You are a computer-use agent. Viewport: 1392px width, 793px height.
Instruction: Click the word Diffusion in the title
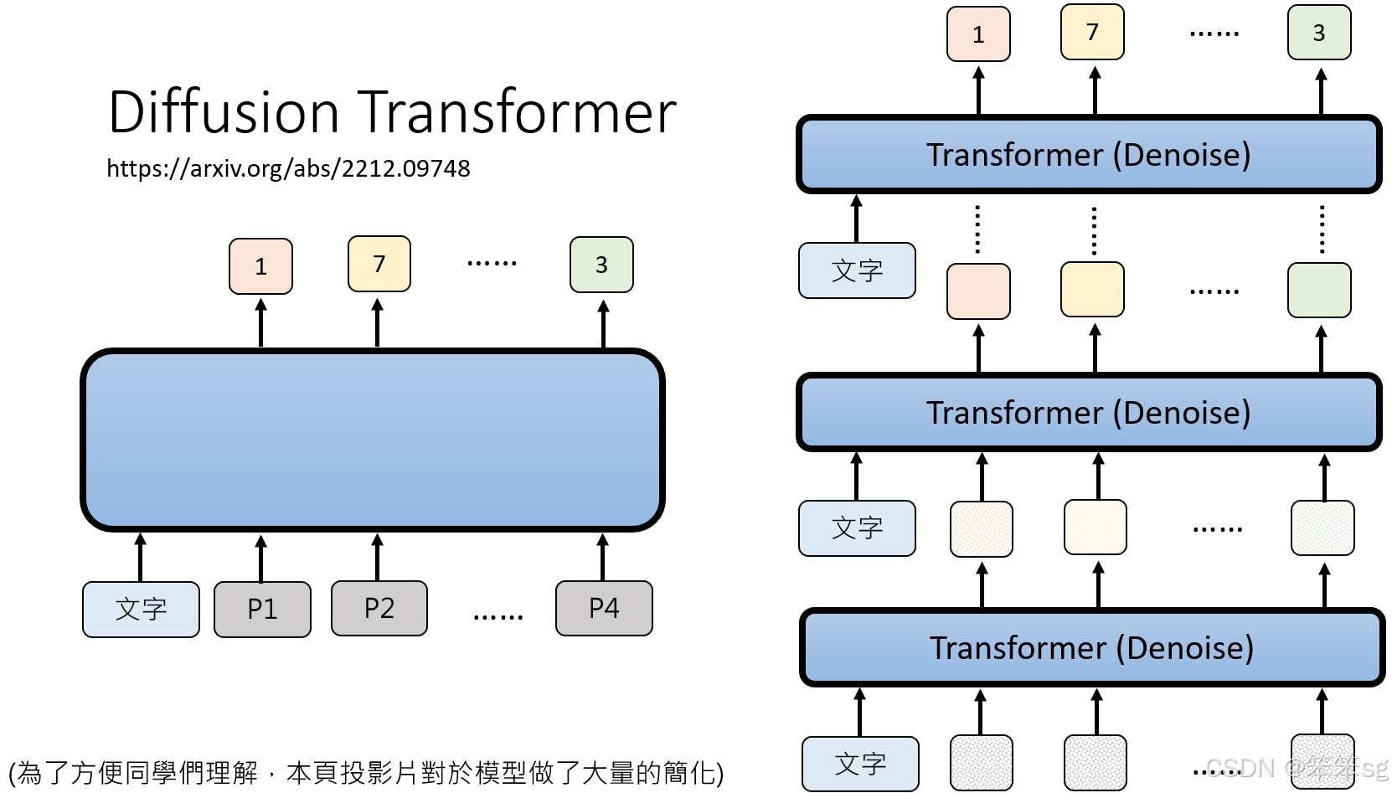click(224, 112)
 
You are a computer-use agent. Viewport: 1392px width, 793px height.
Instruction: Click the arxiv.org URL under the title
click(288, 169)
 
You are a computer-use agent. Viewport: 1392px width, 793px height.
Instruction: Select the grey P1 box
click(262, 609)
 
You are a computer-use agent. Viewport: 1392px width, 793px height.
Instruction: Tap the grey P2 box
click(379, 609)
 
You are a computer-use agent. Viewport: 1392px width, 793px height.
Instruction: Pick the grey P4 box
click(603, 609)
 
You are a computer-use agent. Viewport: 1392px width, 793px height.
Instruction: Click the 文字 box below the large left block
click(141, 609)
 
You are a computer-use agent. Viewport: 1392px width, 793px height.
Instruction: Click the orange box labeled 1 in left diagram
click(260, 266)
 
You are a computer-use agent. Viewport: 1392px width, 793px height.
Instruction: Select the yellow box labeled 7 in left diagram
click(379, 265)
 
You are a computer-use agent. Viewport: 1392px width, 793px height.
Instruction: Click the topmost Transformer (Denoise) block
click(1088, 155)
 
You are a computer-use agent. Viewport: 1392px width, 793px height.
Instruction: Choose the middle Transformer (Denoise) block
click(1088, 413)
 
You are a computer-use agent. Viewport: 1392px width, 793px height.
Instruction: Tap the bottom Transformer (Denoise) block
click(1091, 648)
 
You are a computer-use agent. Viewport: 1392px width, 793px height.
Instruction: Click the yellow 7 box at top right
click(1092, 33)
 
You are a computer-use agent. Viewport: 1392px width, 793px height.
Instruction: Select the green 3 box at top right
click(1318, 33)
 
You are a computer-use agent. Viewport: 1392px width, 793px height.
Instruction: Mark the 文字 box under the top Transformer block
click(857, 270)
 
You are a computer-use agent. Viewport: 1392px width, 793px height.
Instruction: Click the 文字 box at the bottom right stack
click(860, 764)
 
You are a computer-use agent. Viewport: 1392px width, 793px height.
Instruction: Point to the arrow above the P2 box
click(378, 557)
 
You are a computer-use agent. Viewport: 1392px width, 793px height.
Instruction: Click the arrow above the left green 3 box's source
click(603, 323)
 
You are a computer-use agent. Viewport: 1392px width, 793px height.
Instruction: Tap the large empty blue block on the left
click(372, 440)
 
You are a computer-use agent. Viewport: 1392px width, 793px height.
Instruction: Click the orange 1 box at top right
click(978, 34)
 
